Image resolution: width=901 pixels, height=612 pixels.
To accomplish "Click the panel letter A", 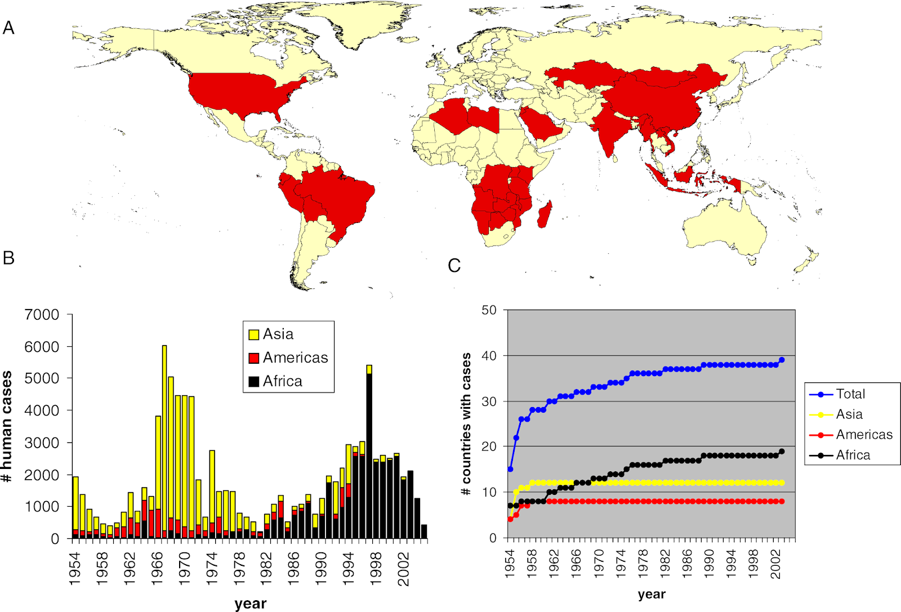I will pyautogui.click(x=8, y=28).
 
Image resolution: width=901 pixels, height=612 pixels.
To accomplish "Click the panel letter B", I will pyautogui.click(x=8, y=258).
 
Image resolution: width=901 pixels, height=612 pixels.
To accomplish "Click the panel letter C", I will pyautogui.click(x=454, y=265).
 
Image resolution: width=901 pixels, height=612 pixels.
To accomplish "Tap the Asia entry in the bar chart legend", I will pyautogui.click(x=278, y=334).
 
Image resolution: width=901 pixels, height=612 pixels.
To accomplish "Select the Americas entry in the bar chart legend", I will pyautogui.click(x=295, y=358).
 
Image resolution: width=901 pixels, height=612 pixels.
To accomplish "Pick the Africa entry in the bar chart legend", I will pyautogui.click(x=282, y=382).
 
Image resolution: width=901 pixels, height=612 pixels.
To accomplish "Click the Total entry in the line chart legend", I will pyautogui.click(x=850, y=394).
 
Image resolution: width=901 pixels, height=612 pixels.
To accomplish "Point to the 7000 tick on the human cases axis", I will pyautogui.click(x=42, y=315).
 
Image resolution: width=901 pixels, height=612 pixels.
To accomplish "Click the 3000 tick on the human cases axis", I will pyautogui.click(x=42, y=443).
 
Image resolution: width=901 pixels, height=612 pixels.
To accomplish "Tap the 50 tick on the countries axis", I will pyautogui.click(x=489, y=310).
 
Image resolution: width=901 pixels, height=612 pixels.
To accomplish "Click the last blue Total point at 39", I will pyautogui.click(x=782, y=360).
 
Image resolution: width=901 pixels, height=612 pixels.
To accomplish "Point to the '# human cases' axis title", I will pyautogui.click(x=7, y=427).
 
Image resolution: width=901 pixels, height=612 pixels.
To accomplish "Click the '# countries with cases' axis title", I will pyautogui.click(x=466, y=423).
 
